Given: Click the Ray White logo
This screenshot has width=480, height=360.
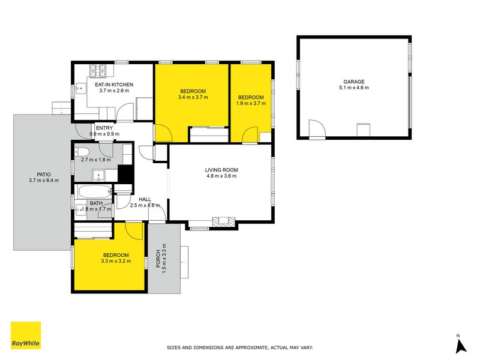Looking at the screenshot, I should tap(26, 335).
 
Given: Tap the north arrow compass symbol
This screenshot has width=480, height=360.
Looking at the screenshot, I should tap(460, 344).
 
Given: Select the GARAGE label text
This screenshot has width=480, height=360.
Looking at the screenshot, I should tap(354, 82).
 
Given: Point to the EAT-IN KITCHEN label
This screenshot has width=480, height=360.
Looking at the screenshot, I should tap(115, 85).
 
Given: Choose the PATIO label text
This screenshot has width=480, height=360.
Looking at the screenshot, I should tap(43, 174).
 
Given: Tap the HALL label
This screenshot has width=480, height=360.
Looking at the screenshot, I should tap(145, 199).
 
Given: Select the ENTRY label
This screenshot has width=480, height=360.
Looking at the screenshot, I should tap(104, 127).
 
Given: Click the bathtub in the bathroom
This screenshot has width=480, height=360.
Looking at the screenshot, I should tap(95, 193).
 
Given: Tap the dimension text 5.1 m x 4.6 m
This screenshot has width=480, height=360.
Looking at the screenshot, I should tap(354, 88).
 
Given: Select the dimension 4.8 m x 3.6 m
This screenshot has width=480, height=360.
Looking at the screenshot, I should tap(222, 176).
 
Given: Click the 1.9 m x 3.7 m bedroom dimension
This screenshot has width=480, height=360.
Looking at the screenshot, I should tap(251, 104).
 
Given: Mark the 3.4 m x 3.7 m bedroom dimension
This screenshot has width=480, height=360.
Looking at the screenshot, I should tap(193, 97).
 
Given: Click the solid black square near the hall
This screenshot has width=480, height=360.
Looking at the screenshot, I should tap(125, 174).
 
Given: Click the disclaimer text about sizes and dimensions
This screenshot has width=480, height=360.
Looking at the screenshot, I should tap(239, 347).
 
